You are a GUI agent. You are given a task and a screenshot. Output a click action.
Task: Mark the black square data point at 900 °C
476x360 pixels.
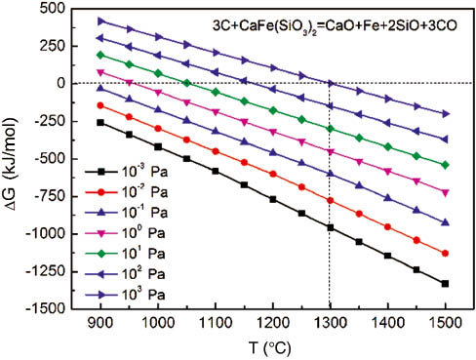point(101,122)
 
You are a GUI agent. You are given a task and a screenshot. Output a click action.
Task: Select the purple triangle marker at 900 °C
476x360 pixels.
point(101,20)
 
